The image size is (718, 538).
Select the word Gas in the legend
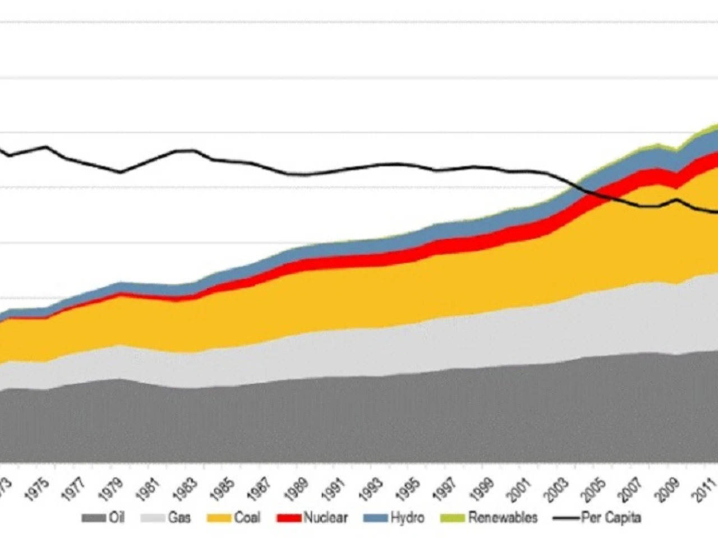(179, 518)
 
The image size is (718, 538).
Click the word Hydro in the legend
(407, 518)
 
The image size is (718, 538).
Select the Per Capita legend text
(611, 518)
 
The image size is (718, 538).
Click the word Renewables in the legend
(503, 518)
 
